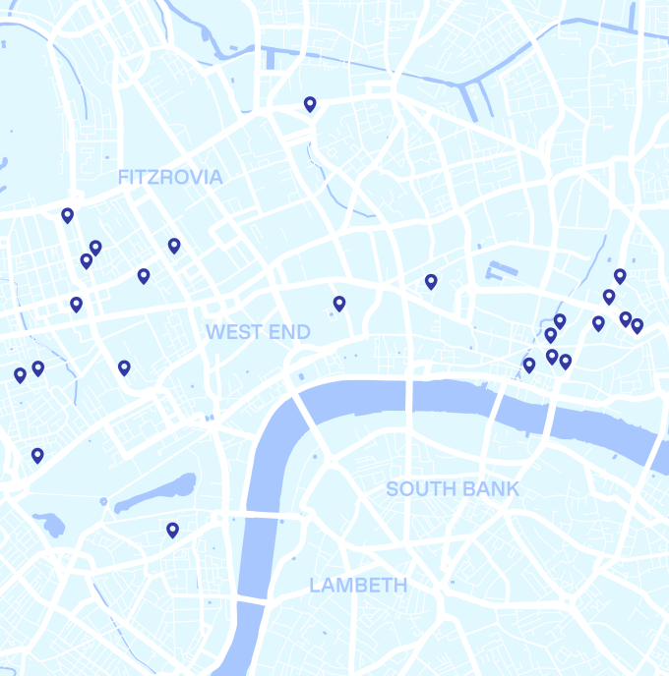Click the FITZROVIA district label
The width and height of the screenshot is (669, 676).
pyautogui.click(x=170, y=178)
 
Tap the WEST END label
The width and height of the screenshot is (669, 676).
pyautogui.click(x=258, y=332)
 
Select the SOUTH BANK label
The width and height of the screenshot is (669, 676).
pyautogui.click(x=453, y=488)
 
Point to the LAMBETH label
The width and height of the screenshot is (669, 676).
pyautogui.click(x=358, y=585)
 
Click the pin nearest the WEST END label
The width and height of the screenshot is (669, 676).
pyautogui.click(x=339, y=304)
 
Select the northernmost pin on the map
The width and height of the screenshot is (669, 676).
pyautogui.click(x=310, y=103)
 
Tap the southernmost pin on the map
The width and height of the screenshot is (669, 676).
pyautogui.click(x=173, y=530)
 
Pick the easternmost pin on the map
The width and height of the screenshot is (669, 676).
pyautogui.click(x=638, y=325)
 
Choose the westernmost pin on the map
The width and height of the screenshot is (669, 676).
pyautogui.click(x=20, y=374)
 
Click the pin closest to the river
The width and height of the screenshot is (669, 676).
pyautogui.click(x=529, y=365)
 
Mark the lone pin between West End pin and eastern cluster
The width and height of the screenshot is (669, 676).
pyautogui.click(x=431, y=282)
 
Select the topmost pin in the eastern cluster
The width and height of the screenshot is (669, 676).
pyautogui.click(x=620, y=276)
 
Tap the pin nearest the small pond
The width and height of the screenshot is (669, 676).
pyautogui.click(x=37, y=455)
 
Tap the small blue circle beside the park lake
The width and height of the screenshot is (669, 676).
pyautogui.click(x=103, y=500)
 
